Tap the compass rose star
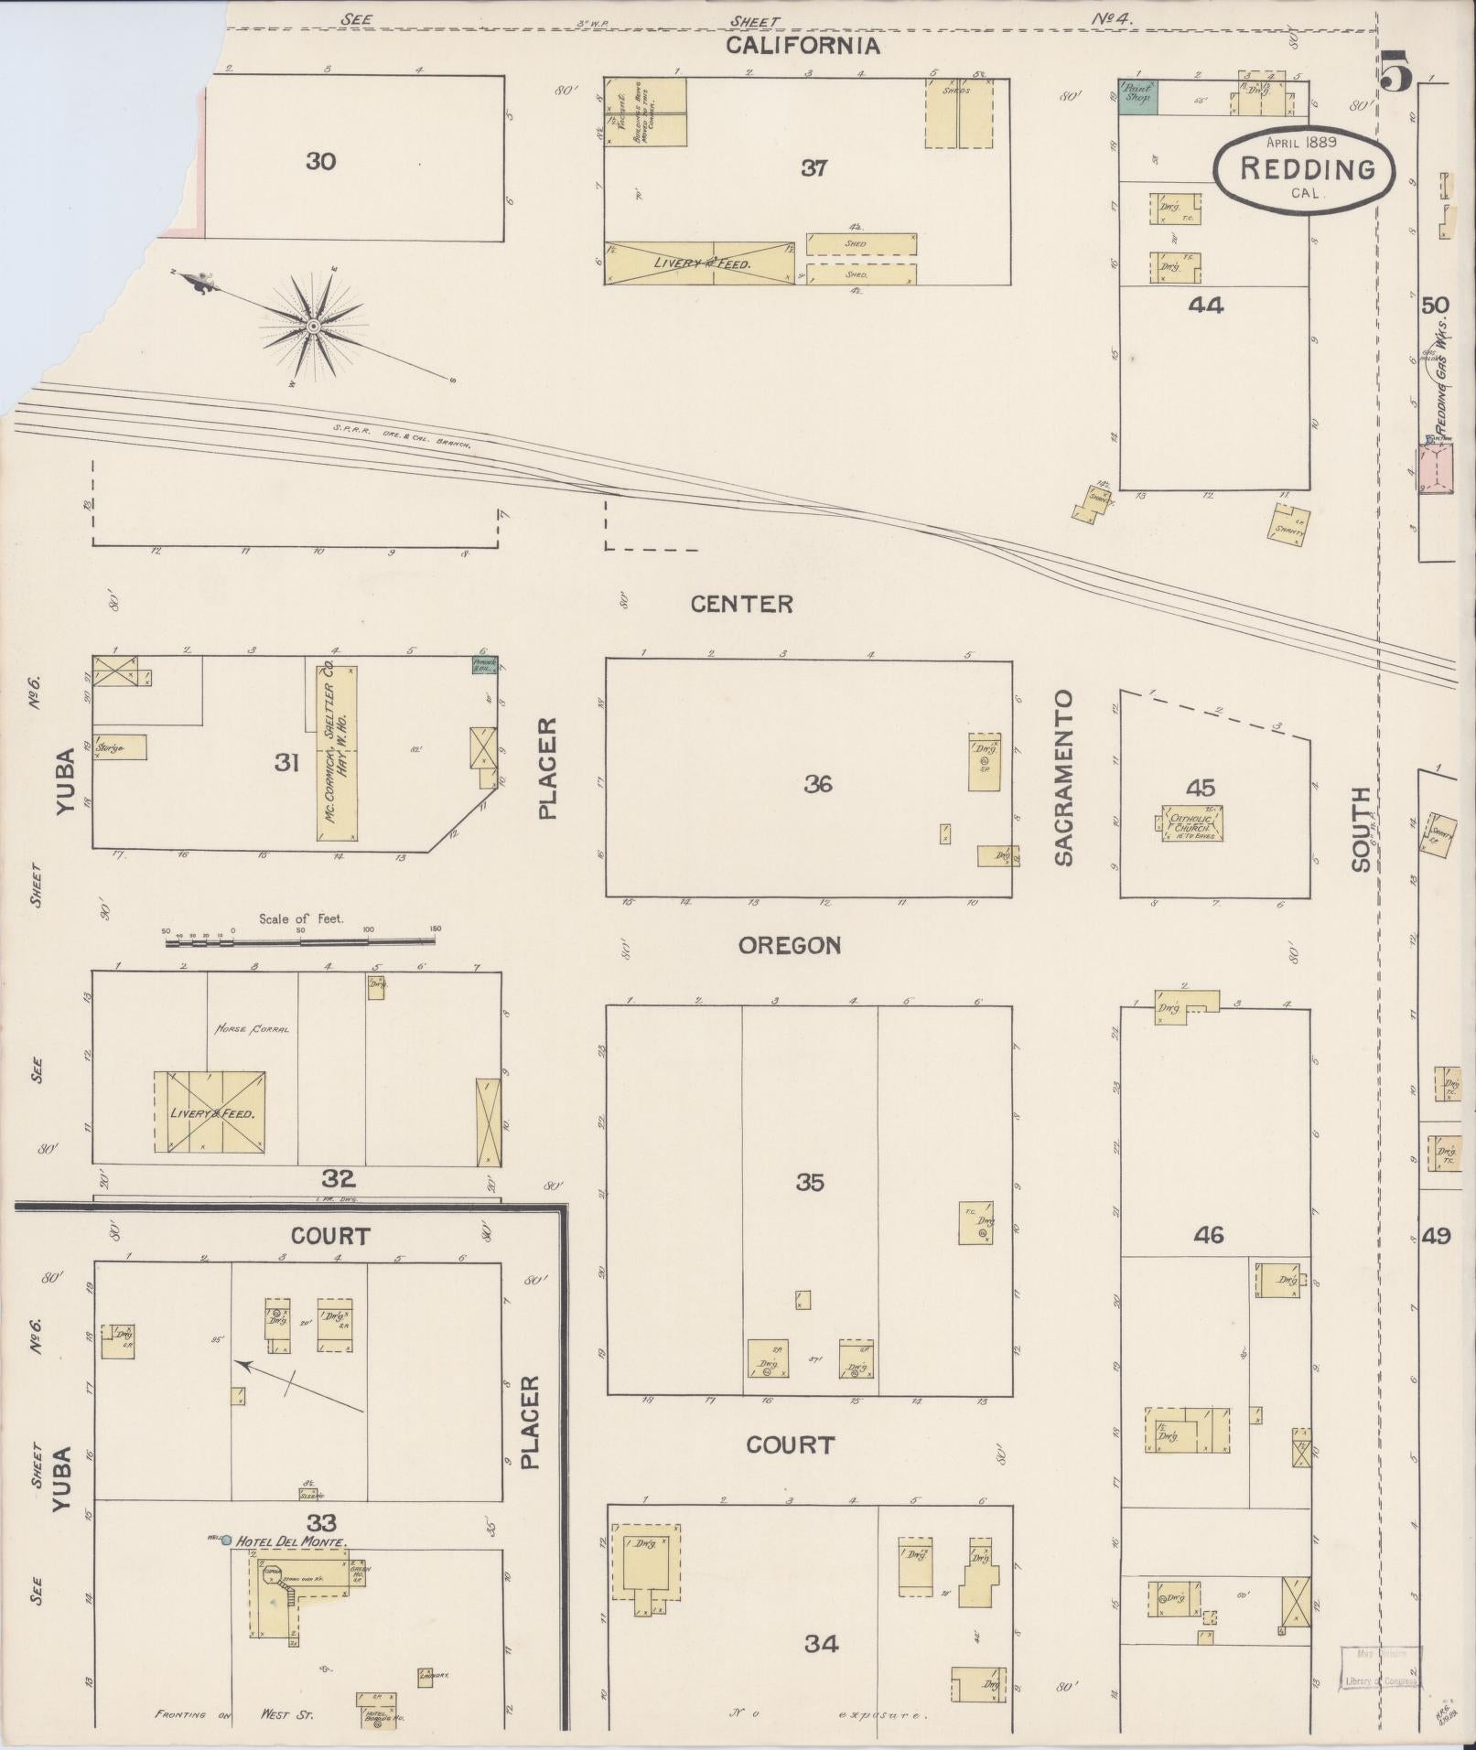coord(312,326)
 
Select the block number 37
coord(813,168)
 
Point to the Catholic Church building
coord(1193,822)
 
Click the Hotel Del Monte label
coord(291,1541)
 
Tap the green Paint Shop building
coord(1139,96)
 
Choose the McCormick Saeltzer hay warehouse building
coord(337,753)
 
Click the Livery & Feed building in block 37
coord(700,263)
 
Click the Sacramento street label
coord(1062,778)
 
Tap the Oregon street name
coord(790,946)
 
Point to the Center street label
coord(741,604)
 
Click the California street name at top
coord(803,46)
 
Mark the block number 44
coord(1205,306)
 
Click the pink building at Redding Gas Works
coord(1436,467)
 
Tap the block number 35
coord(809,1183)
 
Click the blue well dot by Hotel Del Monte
coord(226,1540)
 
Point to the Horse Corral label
coord(252,1028)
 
